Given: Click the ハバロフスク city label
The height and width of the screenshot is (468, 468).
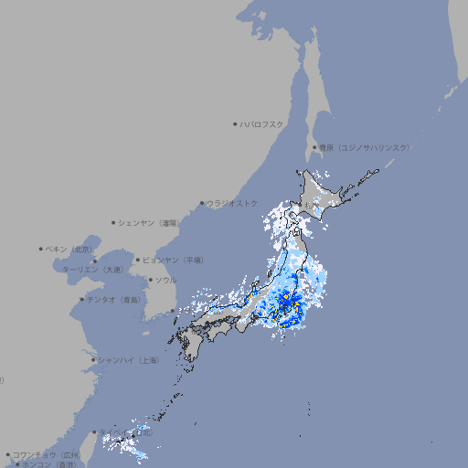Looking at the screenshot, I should point(262,123).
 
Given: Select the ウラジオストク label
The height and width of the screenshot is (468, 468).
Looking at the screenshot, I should point(233,203).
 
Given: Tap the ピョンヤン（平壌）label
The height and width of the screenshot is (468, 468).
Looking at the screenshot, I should point(174,260).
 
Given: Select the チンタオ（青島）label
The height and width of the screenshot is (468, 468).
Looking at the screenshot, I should point(114,299).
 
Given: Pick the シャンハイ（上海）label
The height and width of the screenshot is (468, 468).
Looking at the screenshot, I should point(129,360).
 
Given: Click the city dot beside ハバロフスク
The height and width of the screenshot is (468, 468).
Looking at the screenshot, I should point(235,123).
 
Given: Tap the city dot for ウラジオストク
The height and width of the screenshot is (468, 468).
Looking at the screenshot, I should point(202,203).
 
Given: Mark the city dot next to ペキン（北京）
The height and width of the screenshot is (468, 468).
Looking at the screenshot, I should point(41,249).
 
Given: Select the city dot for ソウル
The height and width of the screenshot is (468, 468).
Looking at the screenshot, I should point(150,281).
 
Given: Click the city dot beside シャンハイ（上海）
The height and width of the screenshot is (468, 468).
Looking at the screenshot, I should point(93,360).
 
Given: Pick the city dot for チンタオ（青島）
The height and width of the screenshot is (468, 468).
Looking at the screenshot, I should point(81,299).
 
